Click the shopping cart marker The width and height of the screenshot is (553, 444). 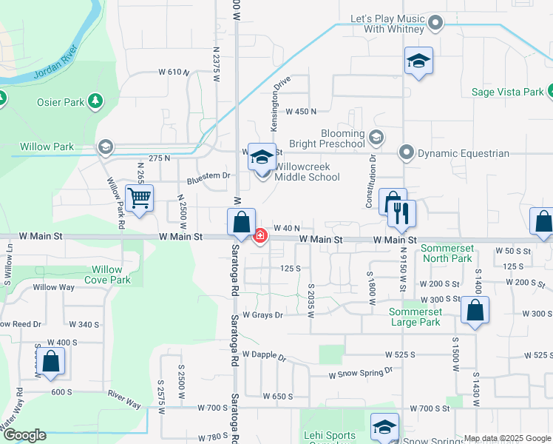tap(139, 198)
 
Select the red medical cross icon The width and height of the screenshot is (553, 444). tap(260, 237)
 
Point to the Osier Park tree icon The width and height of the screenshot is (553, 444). tap(95, 101)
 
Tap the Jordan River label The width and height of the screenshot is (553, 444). tap(56, 64)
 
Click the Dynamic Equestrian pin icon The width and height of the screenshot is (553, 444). tap(406, 153)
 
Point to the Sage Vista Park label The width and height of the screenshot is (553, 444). tap(508, 92)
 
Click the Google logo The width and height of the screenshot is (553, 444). tap(24, 435)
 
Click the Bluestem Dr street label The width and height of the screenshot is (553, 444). tap(209, 176)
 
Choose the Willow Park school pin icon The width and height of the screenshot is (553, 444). tap(106, 147)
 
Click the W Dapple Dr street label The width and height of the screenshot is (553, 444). tap(263, 356)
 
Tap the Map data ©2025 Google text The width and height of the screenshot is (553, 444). tap(507, 438)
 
